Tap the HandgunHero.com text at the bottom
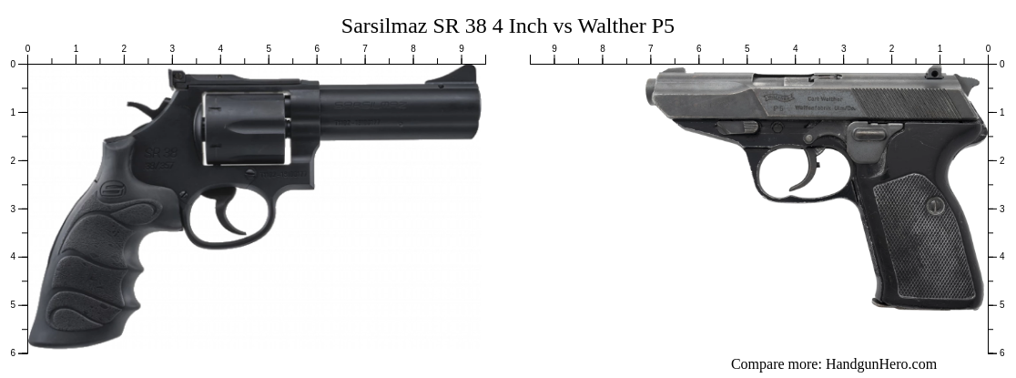(x=880, y=364)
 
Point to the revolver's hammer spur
(x=139, y=108)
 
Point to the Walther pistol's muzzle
(x=651, y=91)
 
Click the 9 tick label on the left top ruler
(x=462, y=49)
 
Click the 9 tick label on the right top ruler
(x=554, y=49)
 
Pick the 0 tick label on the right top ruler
(x=988, y=49)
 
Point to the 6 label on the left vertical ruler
(x=13, y=352)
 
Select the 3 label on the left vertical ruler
(x=13, y=209)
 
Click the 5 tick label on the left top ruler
(x=269, y=49)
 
